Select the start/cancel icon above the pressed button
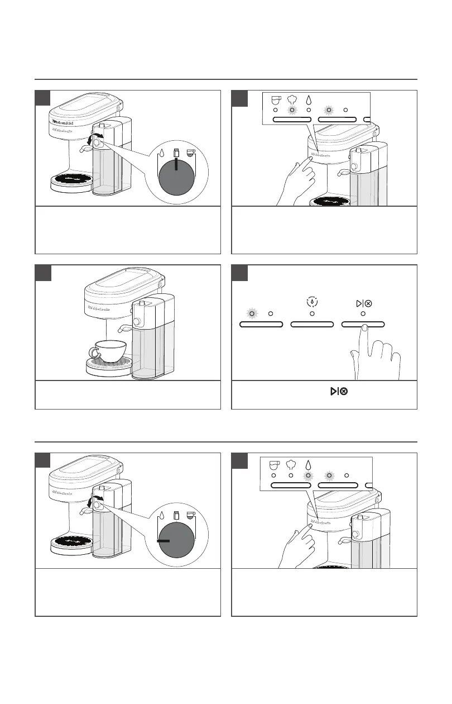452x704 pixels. [x=363, y=303]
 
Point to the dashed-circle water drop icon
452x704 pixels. [x=312, y=302]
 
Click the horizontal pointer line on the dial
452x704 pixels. [x=166, y=541]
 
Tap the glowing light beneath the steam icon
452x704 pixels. [x=291, y=110]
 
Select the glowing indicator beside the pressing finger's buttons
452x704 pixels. [x=252, y=313]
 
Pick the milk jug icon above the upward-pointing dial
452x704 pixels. [x=176, y=152]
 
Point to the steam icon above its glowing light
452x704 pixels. [x=291, y=98]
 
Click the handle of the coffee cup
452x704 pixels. [x=94, y=352]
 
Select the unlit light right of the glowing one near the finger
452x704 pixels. [x=271, y=313]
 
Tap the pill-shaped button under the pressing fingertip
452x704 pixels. [x=363, y=324]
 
